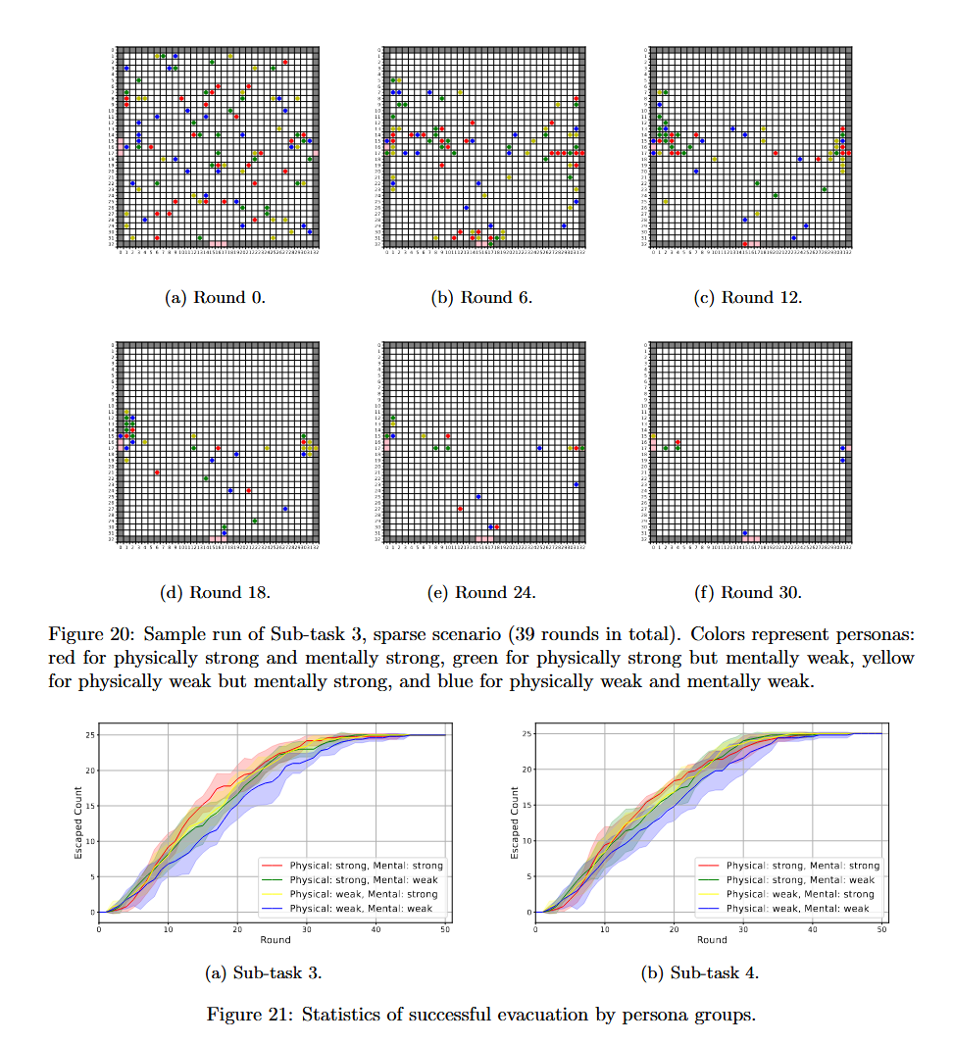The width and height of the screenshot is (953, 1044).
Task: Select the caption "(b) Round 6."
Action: [481, 297]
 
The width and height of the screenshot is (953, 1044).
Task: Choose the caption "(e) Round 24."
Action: [481, 592]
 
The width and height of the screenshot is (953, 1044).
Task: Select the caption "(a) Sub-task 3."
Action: [263, 973]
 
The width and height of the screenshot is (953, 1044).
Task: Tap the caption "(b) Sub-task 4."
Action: [699, 973]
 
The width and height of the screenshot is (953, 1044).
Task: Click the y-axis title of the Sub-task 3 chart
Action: [79, 822]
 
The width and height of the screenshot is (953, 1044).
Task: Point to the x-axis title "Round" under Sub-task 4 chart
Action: [712, 939]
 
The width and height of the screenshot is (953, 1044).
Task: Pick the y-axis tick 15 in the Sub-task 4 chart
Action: [527, 805]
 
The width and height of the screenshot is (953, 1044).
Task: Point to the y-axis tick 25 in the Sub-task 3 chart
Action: [89, 734]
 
